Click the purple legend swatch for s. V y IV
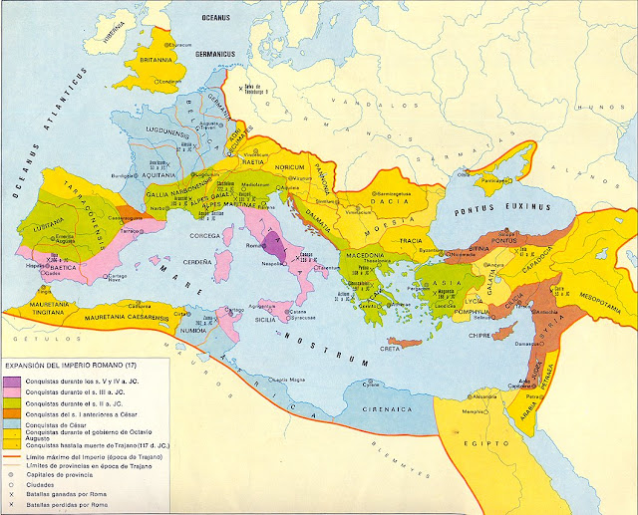pyautogui.click(x=13, y=381)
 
